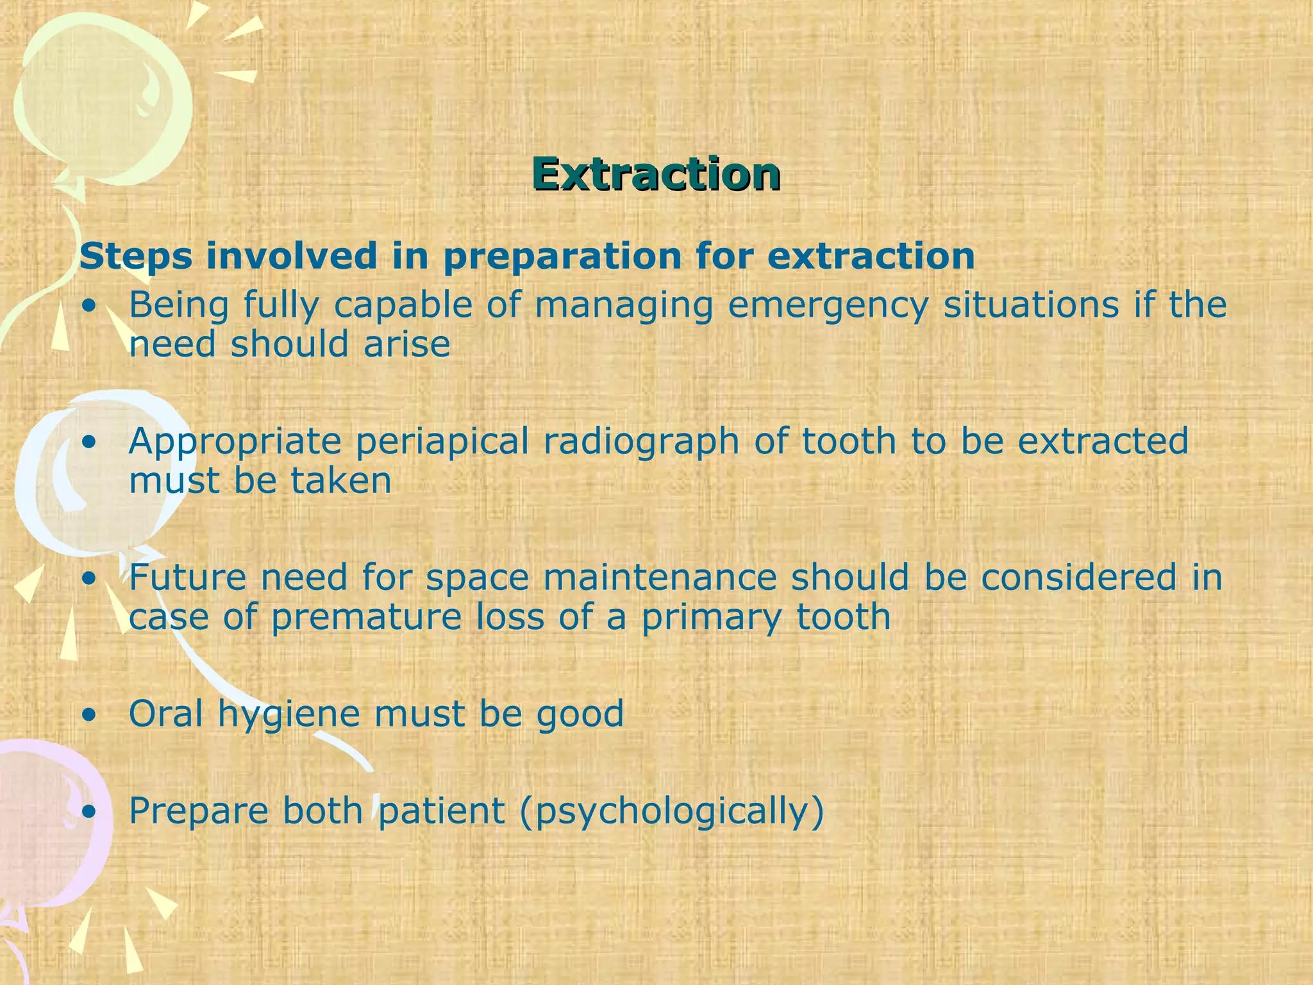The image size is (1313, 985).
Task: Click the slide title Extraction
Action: (x=656, y=174)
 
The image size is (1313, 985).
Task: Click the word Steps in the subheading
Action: (x=135, y=257)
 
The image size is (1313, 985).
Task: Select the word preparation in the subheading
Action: (x=562, y=257)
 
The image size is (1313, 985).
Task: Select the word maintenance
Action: (x=660, y=577)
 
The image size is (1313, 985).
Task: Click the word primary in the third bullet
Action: (x=712, y=617)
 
